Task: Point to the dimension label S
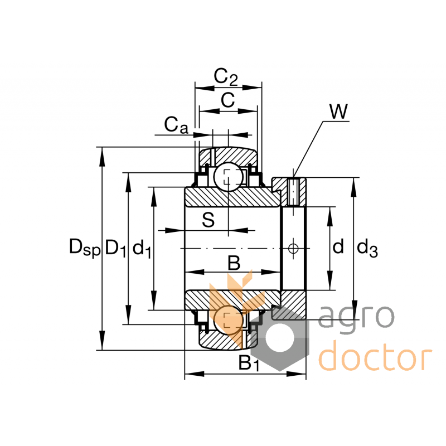click(x=208, y=220)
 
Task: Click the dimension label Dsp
click(x=84, y=247)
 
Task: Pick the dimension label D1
click(x=116, y=247)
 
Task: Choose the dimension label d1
click(x=143, y=249)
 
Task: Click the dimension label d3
click(x=367, y=248)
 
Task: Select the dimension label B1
click(x=249, y=363)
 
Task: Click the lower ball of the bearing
click(x=228, y=320)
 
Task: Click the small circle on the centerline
click(x=294, y=248)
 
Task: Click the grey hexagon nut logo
click(x=279, y=337)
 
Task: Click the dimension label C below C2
click(x=227, y=100)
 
